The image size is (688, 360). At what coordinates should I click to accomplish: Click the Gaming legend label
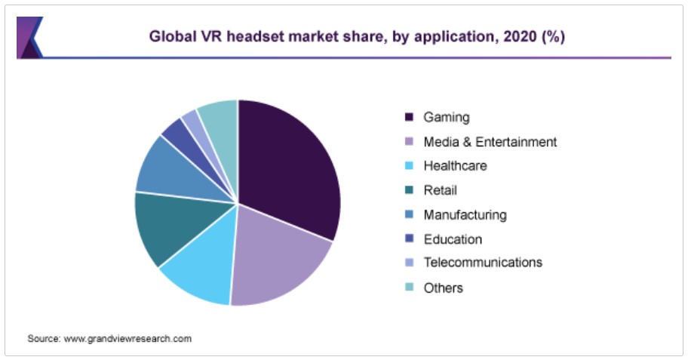(x=446, y=117)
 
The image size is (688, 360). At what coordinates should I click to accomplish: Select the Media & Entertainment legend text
(x=490, y=141)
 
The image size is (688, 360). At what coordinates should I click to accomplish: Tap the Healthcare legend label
(x=455, y=166)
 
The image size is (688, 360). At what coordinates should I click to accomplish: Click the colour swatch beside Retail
(x=410, y=190)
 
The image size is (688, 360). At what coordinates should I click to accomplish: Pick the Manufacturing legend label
(x=465, y=214)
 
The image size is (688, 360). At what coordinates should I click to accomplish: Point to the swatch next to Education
(x=410, y=239)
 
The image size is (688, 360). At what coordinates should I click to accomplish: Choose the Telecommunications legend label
(x=483, y=263)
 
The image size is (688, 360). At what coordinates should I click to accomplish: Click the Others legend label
(x=443, y=288)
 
